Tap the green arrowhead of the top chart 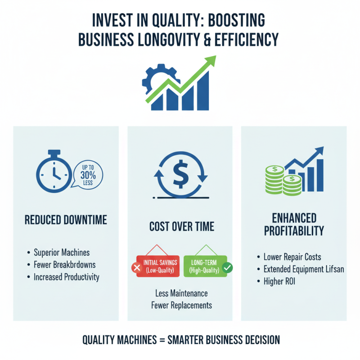coord(210,62)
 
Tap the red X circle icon coord(136,268)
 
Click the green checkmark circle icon coord(228,268)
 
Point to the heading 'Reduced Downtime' coord(66,220)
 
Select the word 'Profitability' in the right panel coord(294,231)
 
